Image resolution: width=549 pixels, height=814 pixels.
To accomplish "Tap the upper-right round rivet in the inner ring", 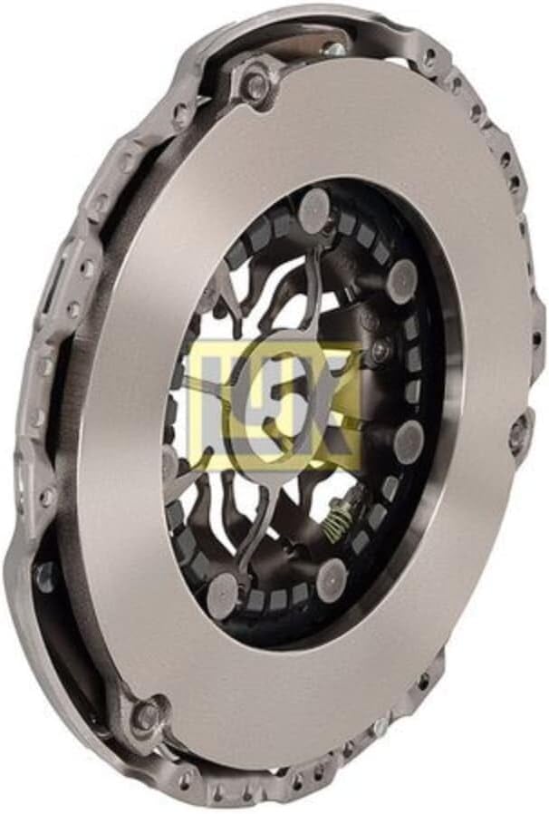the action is pyautogui.click(x=404, y=276).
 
